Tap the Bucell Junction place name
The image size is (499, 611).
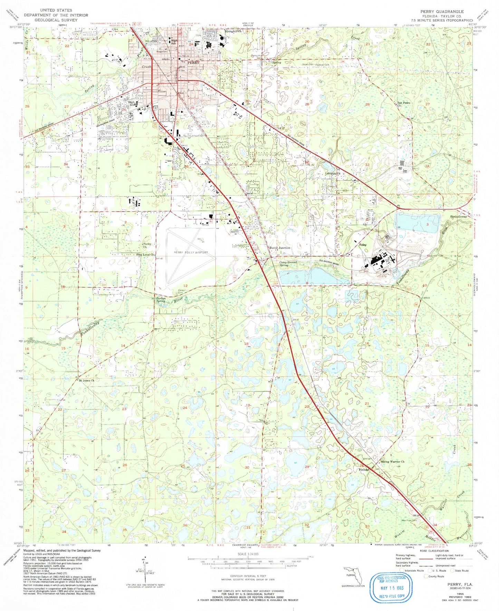point(279,248)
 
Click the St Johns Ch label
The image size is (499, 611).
point(86,380)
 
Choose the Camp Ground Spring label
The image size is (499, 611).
point(288,264)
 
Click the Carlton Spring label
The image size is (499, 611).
point(161,300)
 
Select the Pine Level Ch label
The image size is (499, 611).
point(144,255)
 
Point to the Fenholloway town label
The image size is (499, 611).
point(459,216)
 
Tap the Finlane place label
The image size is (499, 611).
point(364,470)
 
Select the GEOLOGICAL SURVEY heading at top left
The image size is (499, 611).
point(56,20)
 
